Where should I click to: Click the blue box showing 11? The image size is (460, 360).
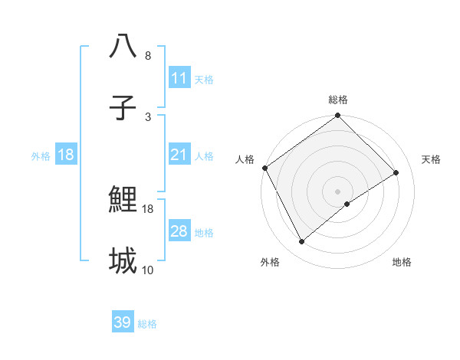click(179, 78)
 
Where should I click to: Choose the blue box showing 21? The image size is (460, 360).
click(179, 155)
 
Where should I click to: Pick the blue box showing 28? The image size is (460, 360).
click(179, 231)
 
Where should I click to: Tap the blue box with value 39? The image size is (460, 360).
click(123, 322)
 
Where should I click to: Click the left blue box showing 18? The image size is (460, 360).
click(66, 155)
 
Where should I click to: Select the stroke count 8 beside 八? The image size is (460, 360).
click(148, 56)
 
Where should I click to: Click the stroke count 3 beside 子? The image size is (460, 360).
click(148, 116)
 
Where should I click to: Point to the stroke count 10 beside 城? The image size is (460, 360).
click(148, 270)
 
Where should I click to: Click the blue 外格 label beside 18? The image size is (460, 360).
click(41, 155)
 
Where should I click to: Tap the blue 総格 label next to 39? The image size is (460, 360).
click(147, 324)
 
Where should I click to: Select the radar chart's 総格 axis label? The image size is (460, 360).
click(337, 100)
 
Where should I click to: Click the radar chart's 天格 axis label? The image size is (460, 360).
click(431, 159)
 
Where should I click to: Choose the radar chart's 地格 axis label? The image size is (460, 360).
click(402, 262)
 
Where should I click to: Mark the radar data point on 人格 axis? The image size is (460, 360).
click(264, 168)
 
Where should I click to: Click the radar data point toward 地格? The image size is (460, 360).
click(347, 204)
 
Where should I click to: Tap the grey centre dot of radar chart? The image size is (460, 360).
click(337, 191)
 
